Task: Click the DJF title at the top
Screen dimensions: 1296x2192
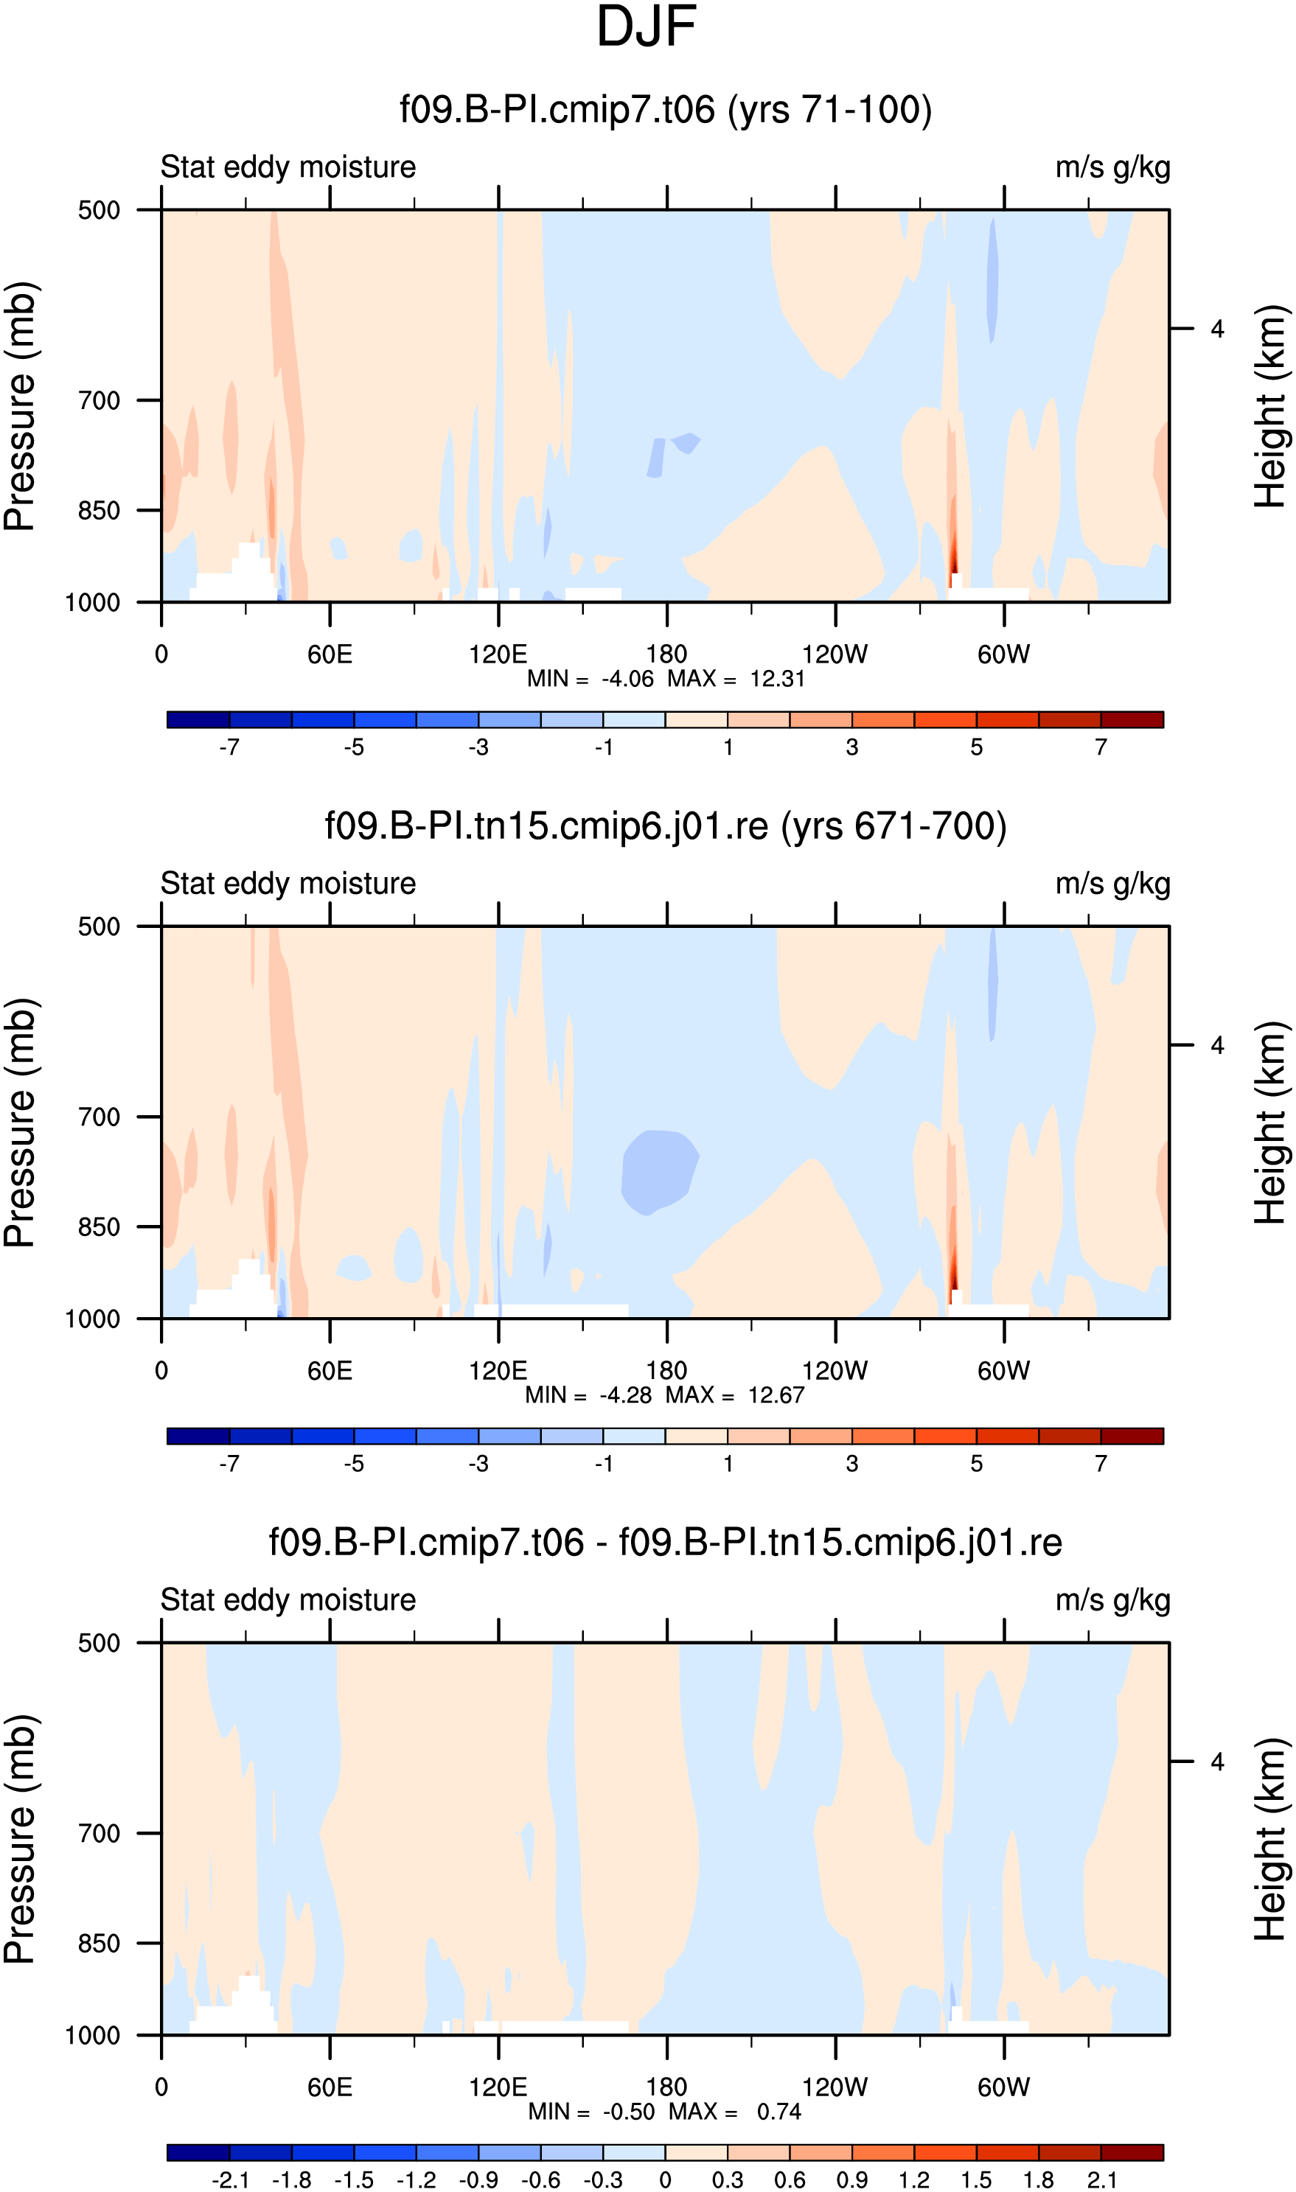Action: (647, 27)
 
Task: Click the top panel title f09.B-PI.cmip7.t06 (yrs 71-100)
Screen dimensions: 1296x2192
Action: (666, 110)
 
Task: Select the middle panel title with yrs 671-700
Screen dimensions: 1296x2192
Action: (666, 826)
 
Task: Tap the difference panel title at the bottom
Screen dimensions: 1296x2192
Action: (666, 1543)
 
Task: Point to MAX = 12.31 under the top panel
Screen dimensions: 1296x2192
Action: (735, 678)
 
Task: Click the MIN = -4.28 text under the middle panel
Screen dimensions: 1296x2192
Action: (588, 1395)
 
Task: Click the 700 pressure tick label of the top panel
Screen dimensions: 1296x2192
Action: (99, 401)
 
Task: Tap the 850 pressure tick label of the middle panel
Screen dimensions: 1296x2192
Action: (99, 1227)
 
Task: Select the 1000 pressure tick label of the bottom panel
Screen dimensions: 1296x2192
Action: (93, 2036)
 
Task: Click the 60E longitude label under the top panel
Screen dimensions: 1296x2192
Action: (330, 654)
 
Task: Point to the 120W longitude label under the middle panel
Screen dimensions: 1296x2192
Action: (835, 1370)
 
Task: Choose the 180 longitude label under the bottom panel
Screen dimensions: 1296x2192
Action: (666, 2087)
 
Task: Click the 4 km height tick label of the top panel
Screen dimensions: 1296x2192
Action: (1217, 329)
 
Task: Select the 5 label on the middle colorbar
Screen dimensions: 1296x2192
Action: (976, 1464)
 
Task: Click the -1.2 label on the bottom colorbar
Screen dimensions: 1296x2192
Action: (416, 2181)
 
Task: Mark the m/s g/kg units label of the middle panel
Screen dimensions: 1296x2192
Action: (1112, 884)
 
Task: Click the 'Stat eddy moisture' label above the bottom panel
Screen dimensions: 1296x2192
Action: (288, 1600)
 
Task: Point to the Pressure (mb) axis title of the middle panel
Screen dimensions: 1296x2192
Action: (19, 1123)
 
